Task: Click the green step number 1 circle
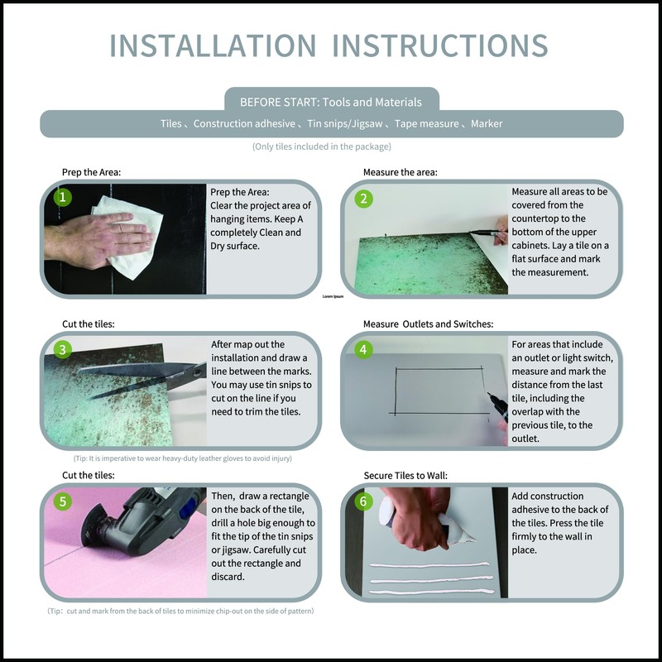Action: (63, 197)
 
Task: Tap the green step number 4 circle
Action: (363, 349)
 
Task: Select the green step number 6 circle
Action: (363, 501)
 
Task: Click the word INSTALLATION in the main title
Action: (213, 46)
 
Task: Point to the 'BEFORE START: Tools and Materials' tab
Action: (331, 102)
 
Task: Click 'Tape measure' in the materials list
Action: (426, 123)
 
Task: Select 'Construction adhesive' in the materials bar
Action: (244, 123)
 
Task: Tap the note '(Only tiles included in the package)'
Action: (322, 146)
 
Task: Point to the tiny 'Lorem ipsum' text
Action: (333, 296)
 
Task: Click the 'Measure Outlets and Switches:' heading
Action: (428, 324)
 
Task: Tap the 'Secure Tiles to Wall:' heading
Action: (405, 475)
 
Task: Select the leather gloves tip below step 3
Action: (182, 458)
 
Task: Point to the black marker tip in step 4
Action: (489, 395)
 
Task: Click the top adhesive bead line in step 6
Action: (429, 565)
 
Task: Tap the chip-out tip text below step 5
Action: (180, 611)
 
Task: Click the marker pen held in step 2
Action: (486, 232)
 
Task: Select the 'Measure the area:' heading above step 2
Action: (401, 172)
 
